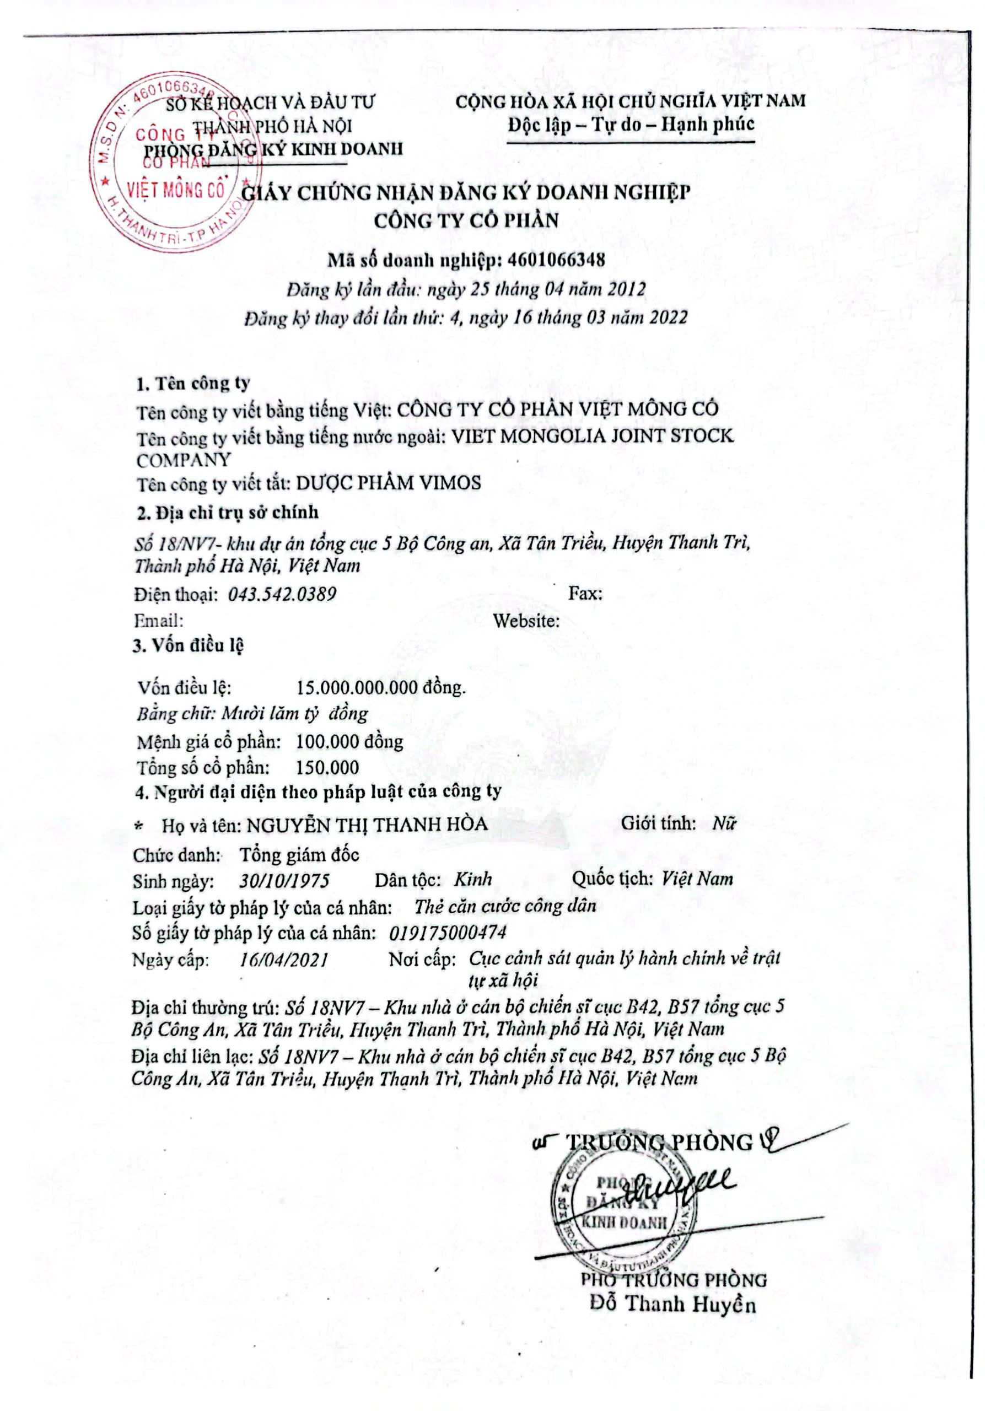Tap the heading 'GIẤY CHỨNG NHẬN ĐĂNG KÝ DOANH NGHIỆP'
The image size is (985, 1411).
[465, 192]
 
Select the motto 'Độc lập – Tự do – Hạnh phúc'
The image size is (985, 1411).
[631, 125]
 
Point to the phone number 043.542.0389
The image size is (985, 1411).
[282, 594]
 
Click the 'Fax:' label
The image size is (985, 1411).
[584, 593]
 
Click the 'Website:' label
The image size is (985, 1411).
[526, 621]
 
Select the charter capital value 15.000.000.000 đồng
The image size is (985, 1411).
[381, 687]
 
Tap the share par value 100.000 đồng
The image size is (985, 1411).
[349, 742]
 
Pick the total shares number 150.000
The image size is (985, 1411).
[327, 768]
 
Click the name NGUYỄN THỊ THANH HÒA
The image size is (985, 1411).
[367, 824]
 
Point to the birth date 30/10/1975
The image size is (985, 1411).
[284, 881]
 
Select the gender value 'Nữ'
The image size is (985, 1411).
[724, 823]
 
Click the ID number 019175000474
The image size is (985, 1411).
[448, 933]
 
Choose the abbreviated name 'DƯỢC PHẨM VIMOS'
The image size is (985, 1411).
[389, 483]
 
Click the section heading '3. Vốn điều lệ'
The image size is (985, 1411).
[189, 645]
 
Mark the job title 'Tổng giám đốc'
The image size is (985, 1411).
[299, 855]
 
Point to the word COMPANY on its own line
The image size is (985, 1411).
[184, 460]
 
